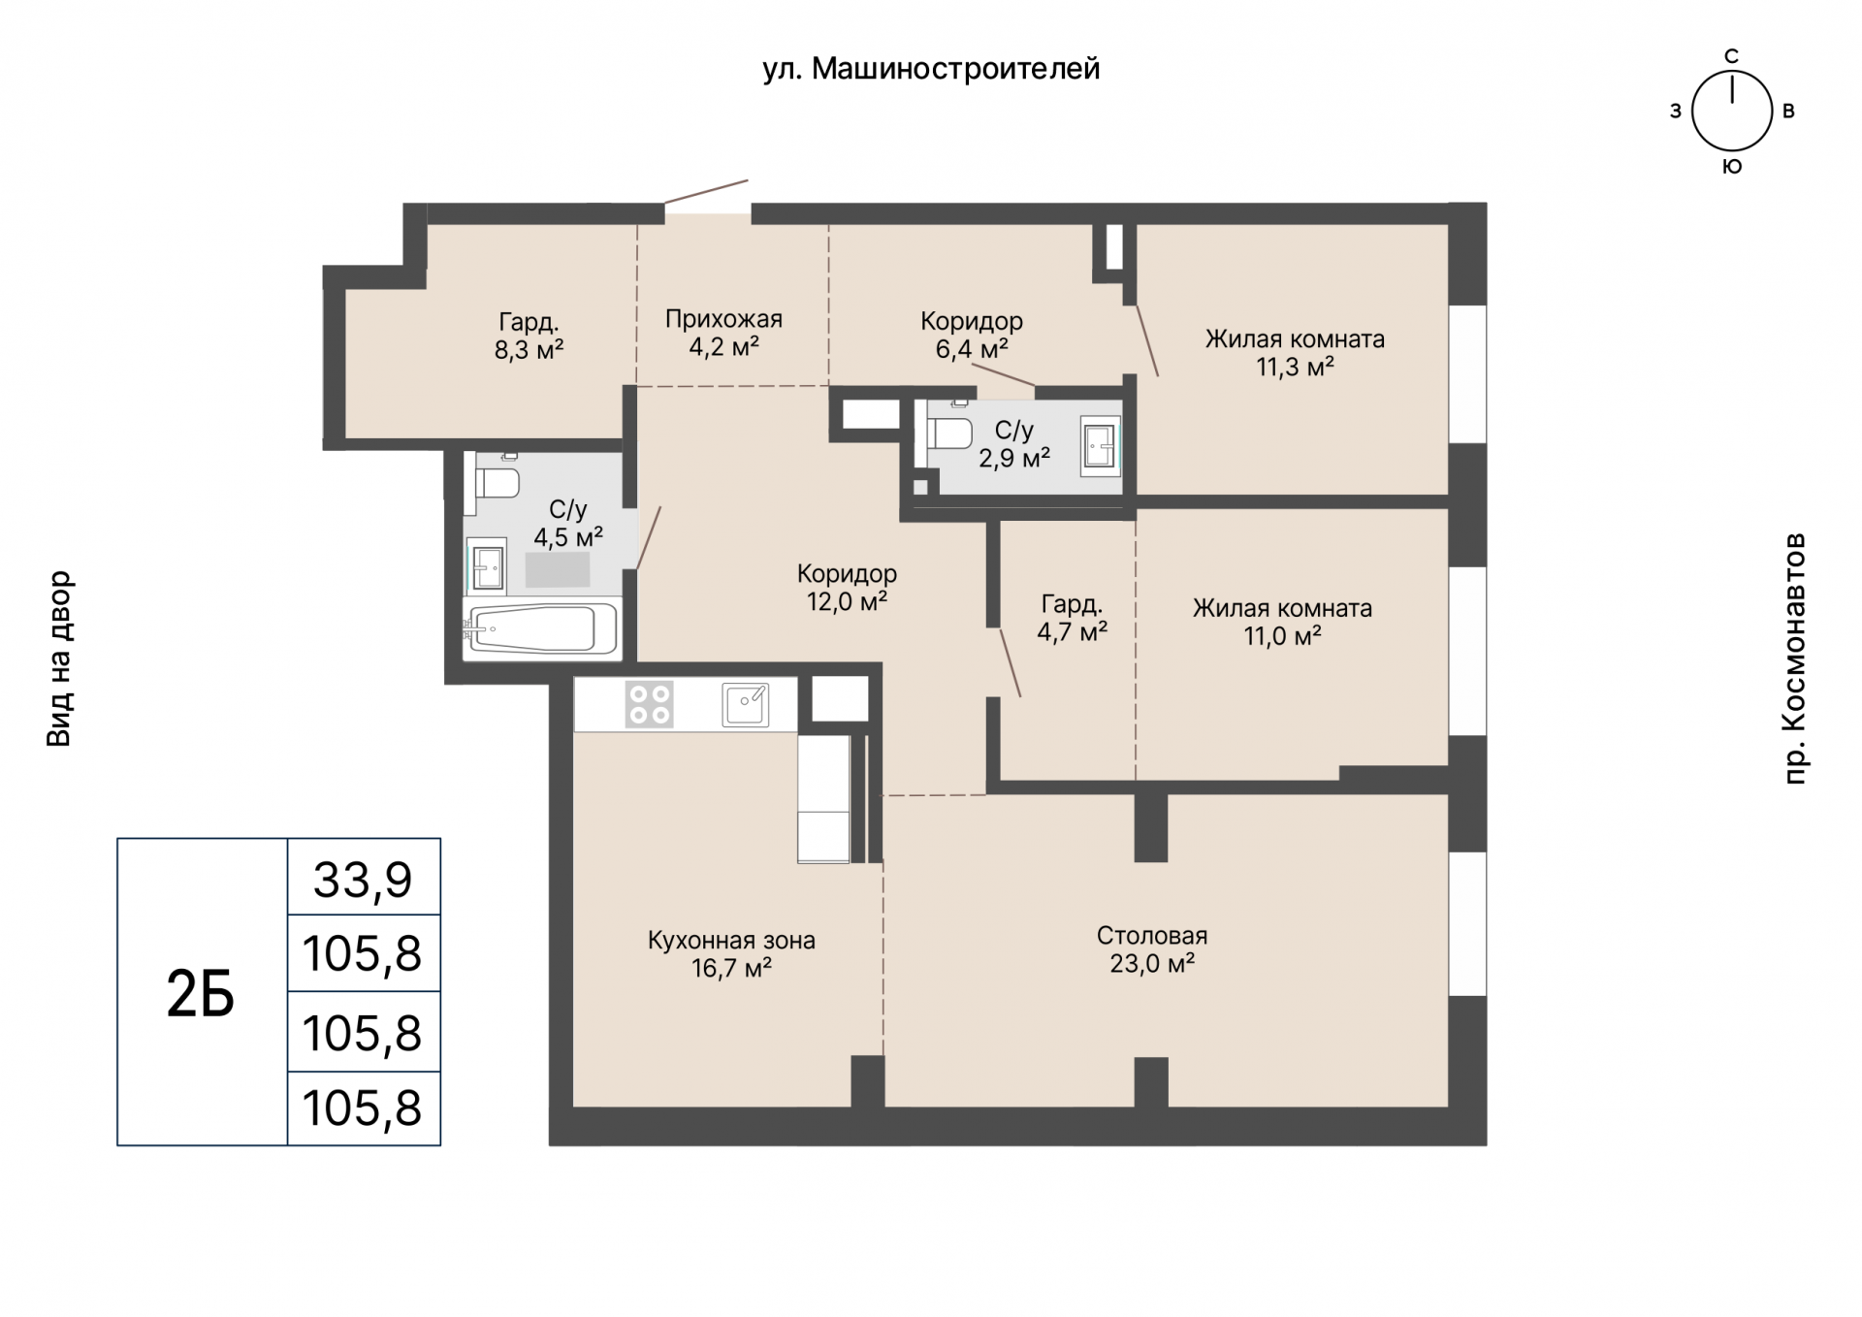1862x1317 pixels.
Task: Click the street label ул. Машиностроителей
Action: coord(931,70)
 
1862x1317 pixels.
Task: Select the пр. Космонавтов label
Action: coord(1795,658)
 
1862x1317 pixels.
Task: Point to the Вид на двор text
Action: coord(59,658)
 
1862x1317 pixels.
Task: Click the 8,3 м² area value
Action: coord(529,349)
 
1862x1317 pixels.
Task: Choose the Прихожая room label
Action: coord(723,319)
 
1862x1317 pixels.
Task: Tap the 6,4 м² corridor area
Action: coord(972,348)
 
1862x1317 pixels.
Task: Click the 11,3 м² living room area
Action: coord(1295,367)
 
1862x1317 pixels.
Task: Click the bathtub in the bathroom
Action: coord(541,629)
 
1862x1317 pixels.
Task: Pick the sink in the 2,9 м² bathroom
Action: coord(1101,446)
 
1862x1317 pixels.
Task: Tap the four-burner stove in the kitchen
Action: coord(649,705)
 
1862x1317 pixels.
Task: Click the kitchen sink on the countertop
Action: coord(746,705)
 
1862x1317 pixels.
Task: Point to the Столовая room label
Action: coord(1152,936)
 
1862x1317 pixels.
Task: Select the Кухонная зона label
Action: coord(731,941)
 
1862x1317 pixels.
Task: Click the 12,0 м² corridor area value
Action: coord(847,602)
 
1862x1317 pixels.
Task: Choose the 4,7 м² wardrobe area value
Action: coord(1072,632)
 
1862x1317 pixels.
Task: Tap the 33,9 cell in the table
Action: coord(364,877)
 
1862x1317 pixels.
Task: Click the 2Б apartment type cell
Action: coord(202,992)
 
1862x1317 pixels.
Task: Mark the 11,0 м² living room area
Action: coord(1282,636)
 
